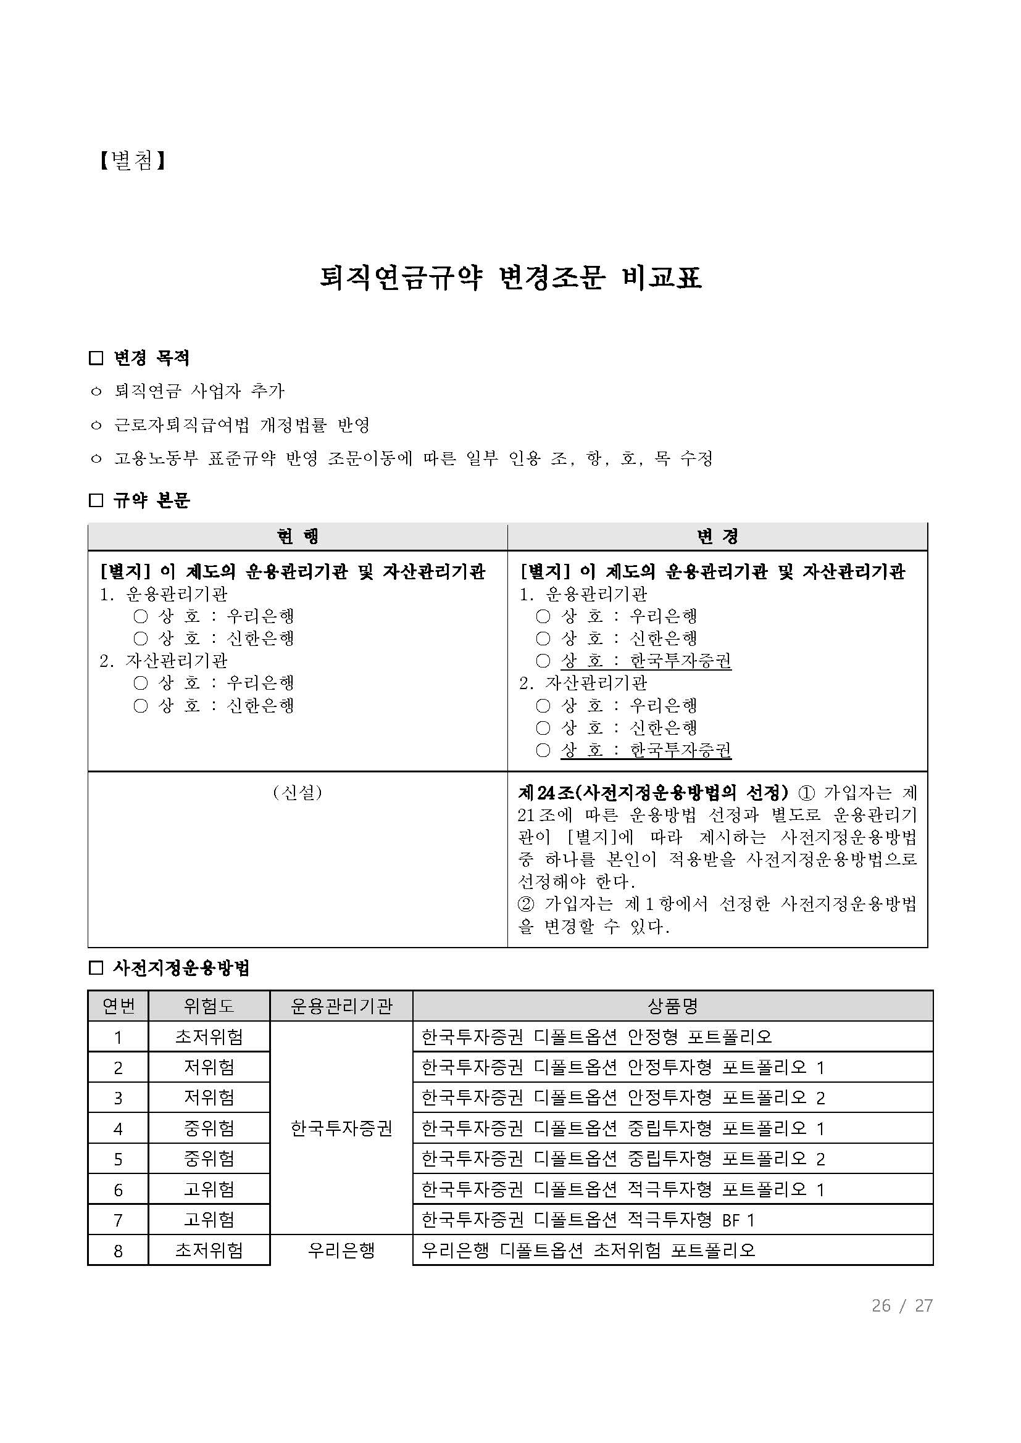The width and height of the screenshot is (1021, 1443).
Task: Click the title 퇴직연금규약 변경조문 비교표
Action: [x=510, y=278]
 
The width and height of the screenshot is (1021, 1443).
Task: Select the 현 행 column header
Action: [x=298, y=536]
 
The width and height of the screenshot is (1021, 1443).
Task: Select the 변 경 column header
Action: [x=717, y=536]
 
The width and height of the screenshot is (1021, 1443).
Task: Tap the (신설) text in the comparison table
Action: [x=298, y=793]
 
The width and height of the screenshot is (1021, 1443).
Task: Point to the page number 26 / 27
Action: [x=901, y=1305]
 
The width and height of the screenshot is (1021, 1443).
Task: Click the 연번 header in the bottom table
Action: [x=118, y=1006]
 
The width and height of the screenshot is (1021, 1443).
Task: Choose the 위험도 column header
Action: [x=209, y=1006]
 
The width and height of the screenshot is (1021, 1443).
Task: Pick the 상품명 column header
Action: [x=672, y=1006]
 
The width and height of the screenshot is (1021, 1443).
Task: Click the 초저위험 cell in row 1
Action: [x=209, y=1036]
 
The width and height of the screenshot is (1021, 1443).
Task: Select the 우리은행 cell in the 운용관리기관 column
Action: [x=341, y=1250]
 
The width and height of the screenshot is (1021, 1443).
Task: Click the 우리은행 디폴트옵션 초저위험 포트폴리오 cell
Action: [x=588, y=1250]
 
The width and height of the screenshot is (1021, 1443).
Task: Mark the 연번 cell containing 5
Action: [x=118, y=1159]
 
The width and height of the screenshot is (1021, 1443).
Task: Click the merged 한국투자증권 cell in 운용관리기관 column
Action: [x=341, y=1128]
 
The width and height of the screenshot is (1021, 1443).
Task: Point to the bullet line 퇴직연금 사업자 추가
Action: [x=199, y=391]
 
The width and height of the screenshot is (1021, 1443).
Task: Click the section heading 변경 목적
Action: [x=151, y=358]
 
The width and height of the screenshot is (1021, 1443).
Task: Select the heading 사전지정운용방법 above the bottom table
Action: [x=181, y=969]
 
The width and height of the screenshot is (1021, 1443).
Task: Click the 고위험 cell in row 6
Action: [x=209, y=1189]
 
